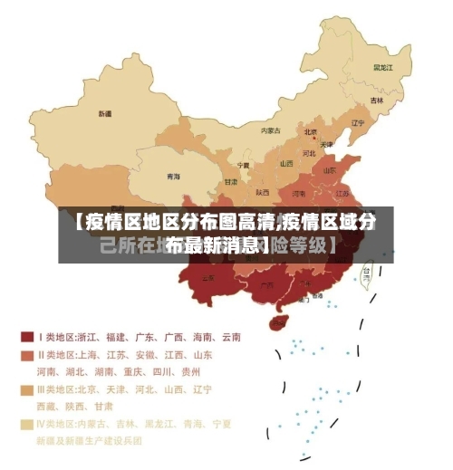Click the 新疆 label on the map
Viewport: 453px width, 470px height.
(x=105, y=114)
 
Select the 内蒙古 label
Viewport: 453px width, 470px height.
(x=271, y=130)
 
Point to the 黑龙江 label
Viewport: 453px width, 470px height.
(x=382, y=67)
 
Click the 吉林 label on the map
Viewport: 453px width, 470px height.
(x=376, y=100)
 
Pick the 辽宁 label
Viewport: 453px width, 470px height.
(x=358, y=123)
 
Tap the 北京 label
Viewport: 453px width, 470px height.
(x=311, y=131)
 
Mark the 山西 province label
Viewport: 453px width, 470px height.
(x=286, y=164)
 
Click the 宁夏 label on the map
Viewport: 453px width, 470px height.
(x=243, y=166)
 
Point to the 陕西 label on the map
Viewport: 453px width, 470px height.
(x=262, y=192)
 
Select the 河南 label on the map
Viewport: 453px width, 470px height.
(x=299, y=193)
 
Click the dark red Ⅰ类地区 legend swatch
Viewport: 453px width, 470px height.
(x=27, y=336)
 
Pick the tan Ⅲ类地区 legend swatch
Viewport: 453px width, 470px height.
(x=27, y=389)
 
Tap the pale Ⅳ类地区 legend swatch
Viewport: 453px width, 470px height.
(x=27, y=423)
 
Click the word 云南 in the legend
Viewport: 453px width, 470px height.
(x=230, y=337)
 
